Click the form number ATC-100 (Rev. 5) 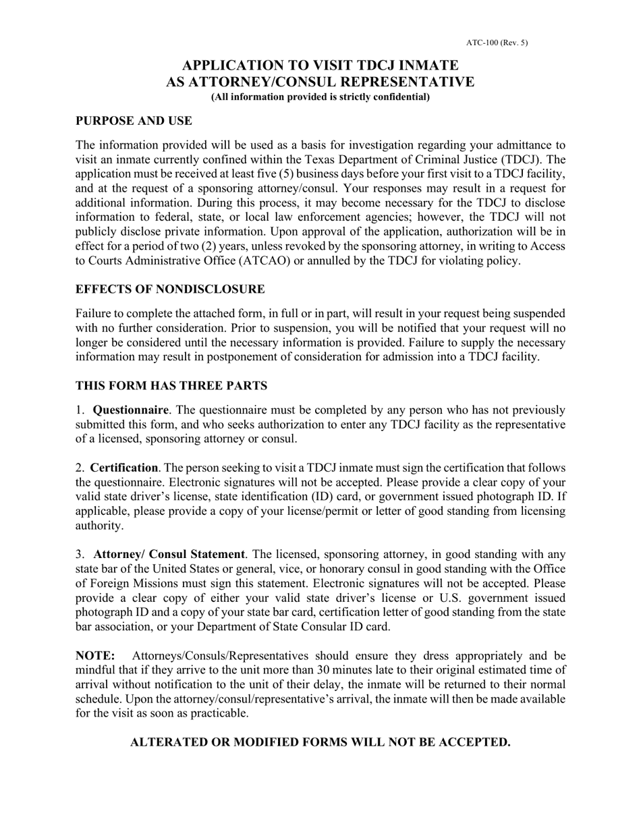pos(497,43)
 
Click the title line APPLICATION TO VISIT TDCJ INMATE pos(320,65)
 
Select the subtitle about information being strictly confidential pos(320,96)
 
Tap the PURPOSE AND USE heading pos(134,121)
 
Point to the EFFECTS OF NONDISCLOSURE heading pos(170,289)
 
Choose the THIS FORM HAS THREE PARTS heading pos(171,385)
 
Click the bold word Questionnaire pos(130,410)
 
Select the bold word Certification pos(123,468)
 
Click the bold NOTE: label pos(95,655)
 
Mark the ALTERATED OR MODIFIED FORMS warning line pos(320,742)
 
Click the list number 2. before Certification pos(80,468)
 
